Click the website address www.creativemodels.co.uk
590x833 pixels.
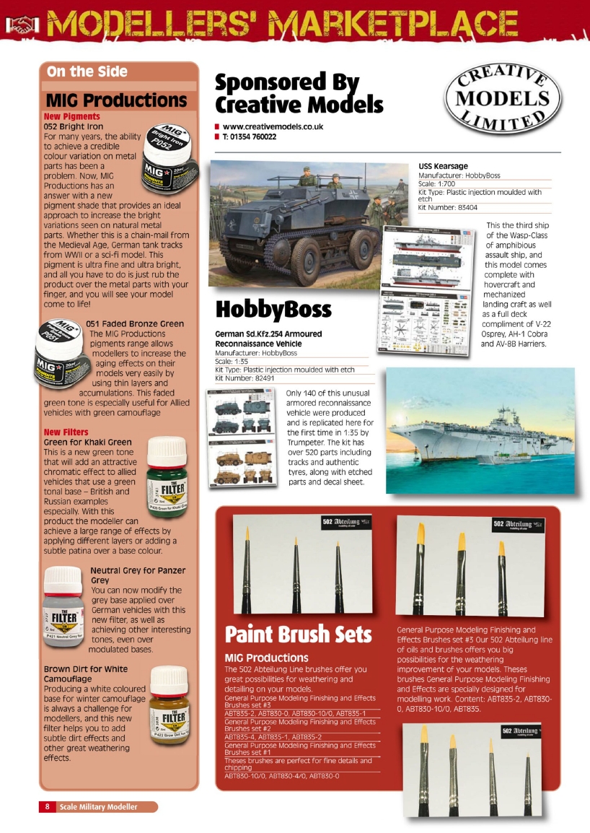coord(273,126)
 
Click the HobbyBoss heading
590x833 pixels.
coord(273,310)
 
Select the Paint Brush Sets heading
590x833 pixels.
coord(298,634)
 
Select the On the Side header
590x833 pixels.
coord(87,71)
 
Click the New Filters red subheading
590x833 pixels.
coord(66,432)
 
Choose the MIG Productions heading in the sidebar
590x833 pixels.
coord(116,100)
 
